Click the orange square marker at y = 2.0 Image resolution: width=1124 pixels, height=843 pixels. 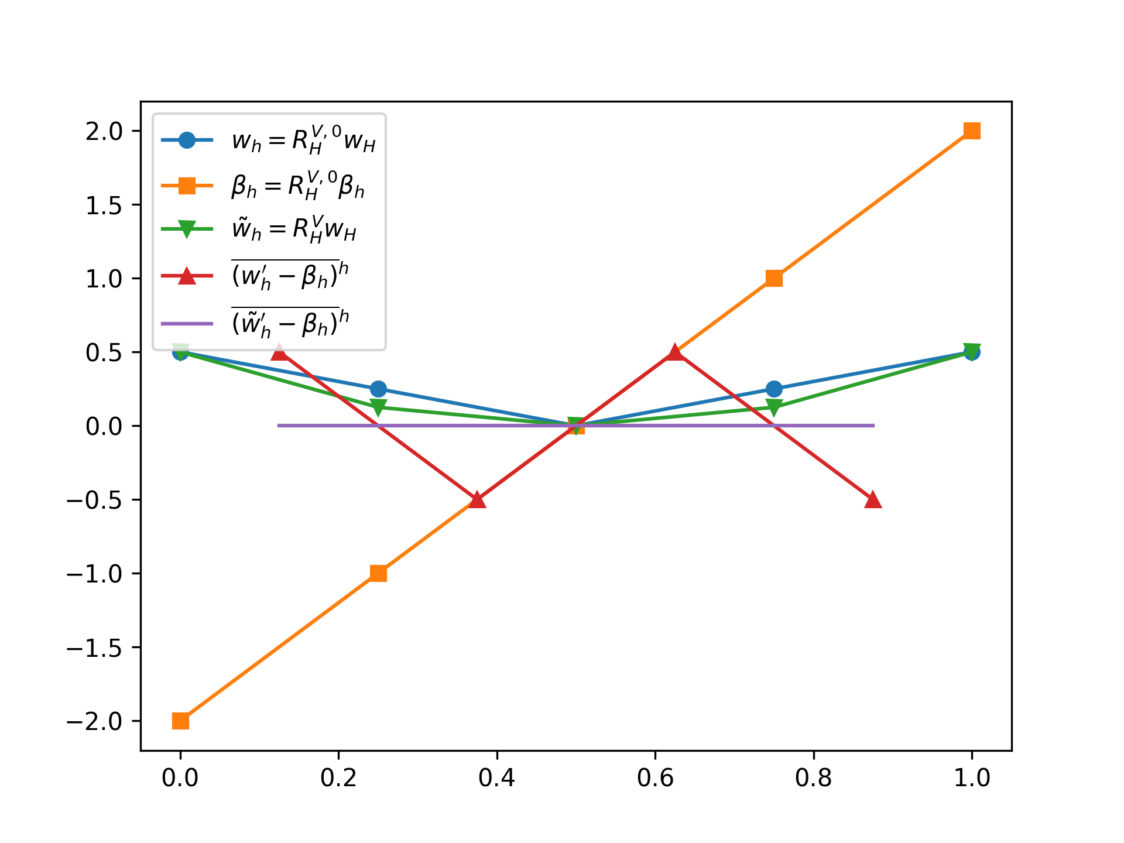point(972,131)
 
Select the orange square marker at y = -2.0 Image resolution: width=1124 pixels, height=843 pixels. point(180,721)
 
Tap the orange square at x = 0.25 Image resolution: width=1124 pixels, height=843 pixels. point(378,573)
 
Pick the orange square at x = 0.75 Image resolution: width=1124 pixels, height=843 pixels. point(774,278)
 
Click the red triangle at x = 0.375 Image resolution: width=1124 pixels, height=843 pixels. point(478,499)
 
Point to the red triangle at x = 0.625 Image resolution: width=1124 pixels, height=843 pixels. point(675,352)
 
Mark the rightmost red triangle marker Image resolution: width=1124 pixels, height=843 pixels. point(873,499)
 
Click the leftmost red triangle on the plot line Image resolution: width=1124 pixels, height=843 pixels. point(280,352)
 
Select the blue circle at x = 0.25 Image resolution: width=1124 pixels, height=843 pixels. point(378,389)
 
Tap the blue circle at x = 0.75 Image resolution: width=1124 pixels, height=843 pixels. point(774,389)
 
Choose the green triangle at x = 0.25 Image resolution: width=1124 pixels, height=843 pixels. point(378,407)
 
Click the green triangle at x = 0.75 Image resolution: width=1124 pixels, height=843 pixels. point(774,407)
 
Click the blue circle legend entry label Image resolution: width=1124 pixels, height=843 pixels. point(303,141)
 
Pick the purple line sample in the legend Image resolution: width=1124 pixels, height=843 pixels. point(187,323)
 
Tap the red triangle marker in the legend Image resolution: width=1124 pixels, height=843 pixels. point(187,275)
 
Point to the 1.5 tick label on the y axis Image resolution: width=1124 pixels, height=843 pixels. point(104,205)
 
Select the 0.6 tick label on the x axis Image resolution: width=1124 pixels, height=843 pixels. point(655,777)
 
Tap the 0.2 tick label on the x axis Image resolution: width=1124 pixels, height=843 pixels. point(338,777)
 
